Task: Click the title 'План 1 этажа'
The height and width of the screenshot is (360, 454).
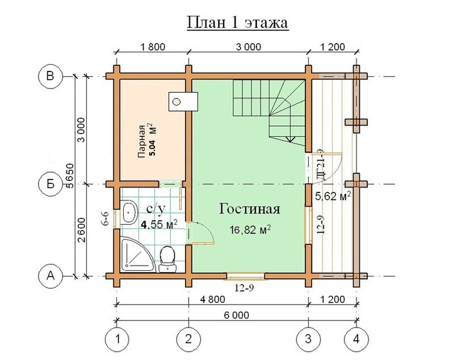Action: (x=238, y=23)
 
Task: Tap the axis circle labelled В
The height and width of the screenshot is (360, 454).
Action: (x=50, y=76)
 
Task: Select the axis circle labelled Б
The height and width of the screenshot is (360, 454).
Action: (x=50, y=184)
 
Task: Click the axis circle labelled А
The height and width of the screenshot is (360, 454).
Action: (x=50, y=276)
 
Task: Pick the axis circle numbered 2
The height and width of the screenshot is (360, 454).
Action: (x=189, y=339)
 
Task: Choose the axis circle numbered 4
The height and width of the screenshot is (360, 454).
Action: (x=356, y=339)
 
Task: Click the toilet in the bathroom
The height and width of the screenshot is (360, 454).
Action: (x=167, y=259)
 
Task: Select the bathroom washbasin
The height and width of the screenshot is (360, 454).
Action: (x=129, y=212)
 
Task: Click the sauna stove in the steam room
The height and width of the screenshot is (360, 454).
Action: (x=183, y=102)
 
